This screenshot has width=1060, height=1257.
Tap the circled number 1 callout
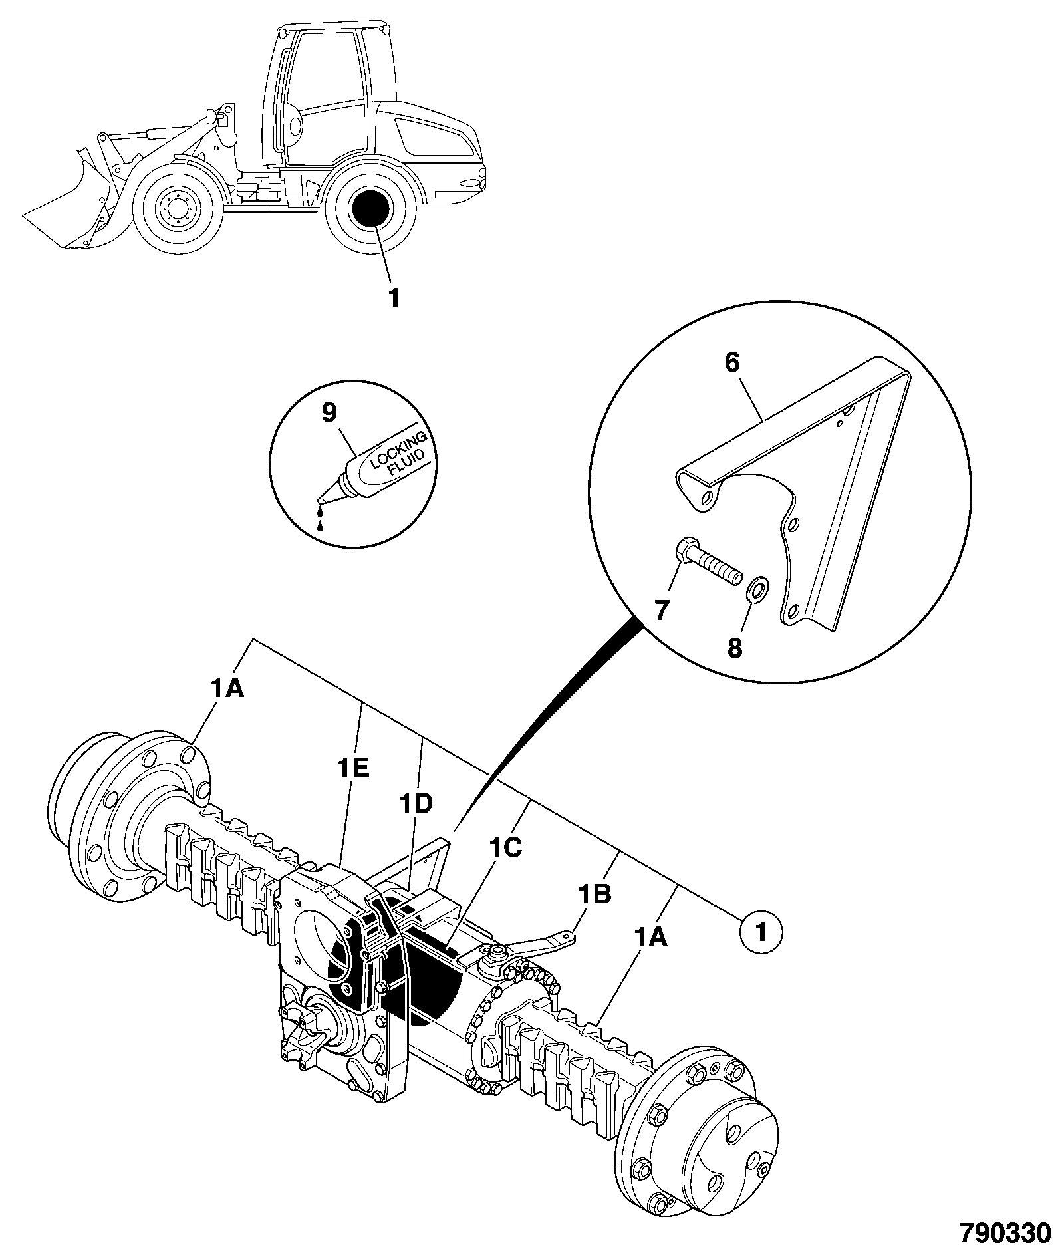tap(761, 932)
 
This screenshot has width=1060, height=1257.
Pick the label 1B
tap(594, 895)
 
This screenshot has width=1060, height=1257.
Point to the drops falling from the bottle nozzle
tap(321, 518)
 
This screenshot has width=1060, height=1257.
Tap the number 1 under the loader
tap(393, 298)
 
